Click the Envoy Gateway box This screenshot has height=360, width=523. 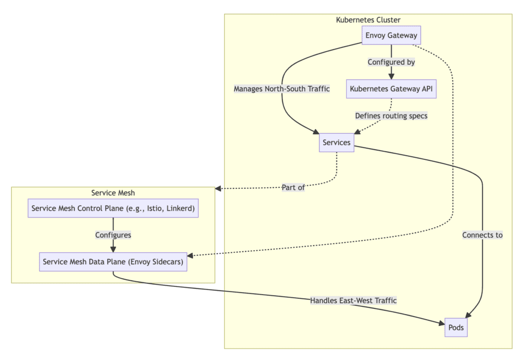point(391,36)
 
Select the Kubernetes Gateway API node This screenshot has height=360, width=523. point(391,88)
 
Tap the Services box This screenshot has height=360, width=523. point(337,142)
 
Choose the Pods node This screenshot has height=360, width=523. point(456,327)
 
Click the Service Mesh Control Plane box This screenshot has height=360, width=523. point(113,208)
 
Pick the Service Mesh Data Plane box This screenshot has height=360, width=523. point(113,261)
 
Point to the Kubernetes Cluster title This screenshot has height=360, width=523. point(368,20)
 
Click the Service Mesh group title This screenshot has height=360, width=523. point(113,193)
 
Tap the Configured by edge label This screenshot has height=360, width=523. point(391,62)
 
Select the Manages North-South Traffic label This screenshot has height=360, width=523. point(281,89)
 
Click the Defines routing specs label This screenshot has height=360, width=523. point(391,116)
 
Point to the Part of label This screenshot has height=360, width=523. point(293,187)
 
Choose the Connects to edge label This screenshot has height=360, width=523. point(482,235)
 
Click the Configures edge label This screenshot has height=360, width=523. point(113,235)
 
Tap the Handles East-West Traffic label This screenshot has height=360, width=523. point(353,301)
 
